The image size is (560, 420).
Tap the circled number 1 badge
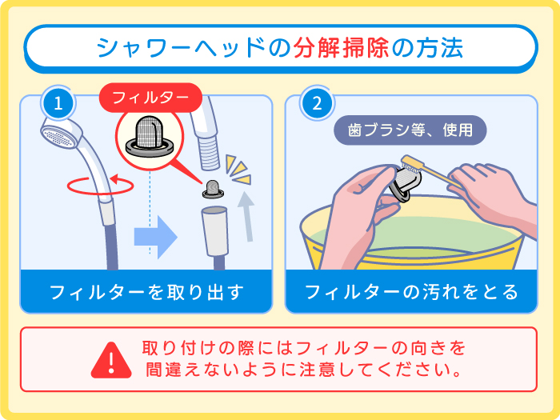pos(58,102)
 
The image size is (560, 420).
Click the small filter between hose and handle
pos(213,190)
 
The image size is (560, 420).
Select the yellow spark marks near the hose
pos(237,169)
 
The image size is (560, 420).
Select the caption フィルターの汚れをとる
pos(411,291)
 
